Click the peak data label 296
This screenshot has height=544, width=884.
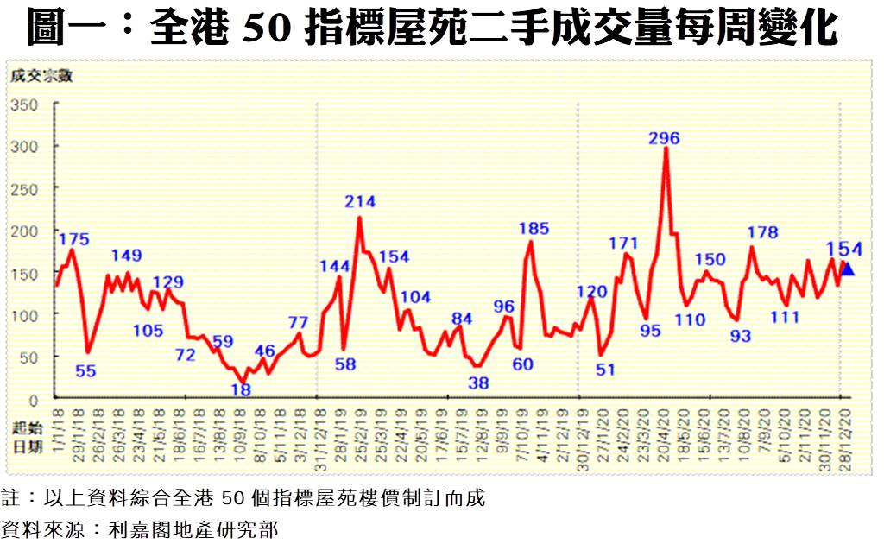tap(665, 138)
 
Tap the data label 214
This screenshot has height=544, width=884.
tap(360, 202)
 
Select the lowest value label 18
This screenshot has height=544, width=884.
tap(243, 389)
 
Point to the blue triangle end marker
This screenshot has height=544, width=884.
tap(848, 269)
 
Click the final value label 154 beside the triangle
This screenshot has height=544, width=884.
tap(845, 250)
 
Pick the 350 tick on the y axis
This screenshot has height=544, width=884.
tap(26, 104)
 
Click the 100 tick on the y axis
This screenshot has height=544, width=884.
tap(26, 315)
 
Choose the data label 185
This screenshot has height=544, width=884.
tap(534, 229)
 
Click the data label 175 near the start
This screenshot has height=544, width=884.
tap(74, 239)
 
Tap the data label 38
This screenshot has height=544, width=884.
tap(478, 383)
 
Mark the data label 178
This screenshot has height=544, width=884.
tap(762, 232)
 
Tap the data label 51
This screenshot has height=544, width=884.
tap(605, 370)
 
